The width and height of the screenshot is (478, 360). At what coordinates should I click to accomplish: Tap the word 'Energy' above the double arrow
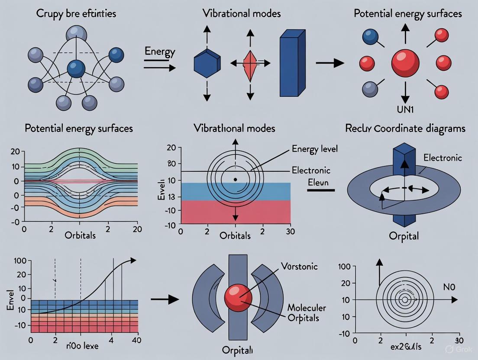pos(160,52)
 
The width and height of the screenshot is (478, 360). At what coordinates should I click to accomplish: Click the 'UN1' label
pos(405,109)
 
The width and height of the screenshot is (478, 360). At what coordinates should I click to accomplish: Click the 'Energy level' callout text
pos(315,149)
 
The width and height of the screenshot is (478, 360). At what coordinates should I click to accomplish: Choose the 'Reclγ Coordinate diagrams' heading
pos(405,129)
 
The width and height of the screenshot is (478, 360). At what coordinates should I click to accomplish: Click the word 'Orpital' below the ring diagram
pos(404,237)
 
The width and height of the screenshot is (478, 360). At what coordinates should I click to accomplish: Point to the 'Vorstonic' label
pos(299,266)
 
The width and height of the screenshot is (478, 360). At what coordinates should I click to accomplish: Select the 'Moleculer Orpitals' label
pos(307,313)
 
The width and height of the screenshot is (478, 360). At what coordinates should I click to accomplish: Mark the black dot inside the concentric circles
pos(235,179)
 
